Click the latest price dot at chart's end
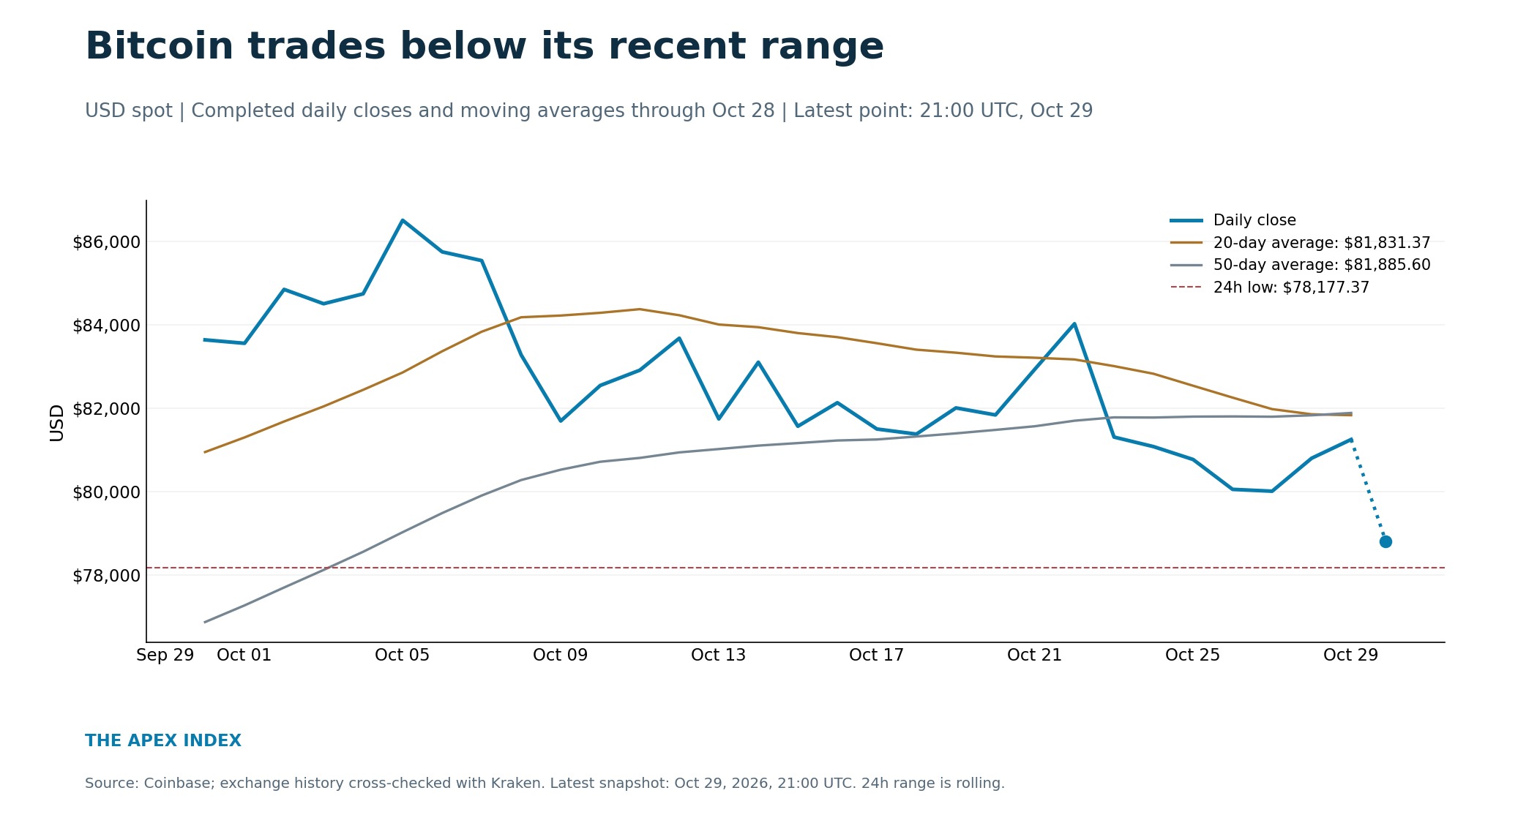(x=1385, y=542)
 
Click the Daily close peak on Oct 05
(x=403, y=220)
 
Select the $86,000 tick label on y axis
(x=106, y=242)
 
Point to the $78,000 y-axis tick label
(x=106, y=576)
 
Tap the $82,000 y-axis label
(x=106, y=409)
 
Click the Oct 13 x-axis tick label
(x=718, y=655)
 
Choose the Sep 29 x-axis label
(x=165, y=655)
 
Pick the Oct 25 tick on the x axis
(x=1192, y=655)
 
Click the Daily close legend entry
(x=1254, y=220)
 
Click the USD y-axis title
(x=57, y=423)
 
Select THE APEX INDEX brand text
(x=163, y=741)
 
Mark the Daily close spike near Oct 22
(x=1074, y=323)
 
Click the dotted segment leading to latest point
(x=1368, y=491)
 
